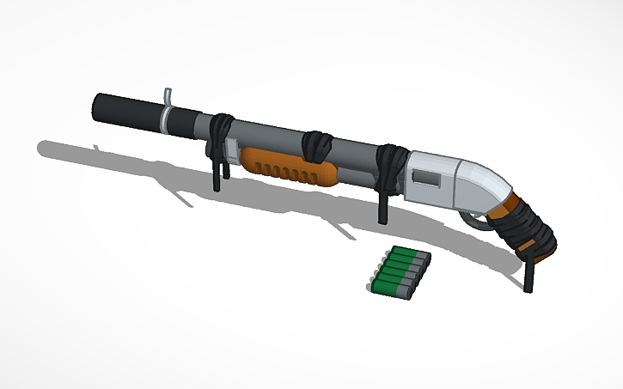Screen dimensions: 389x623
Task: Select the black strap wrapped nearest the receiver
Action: point(391,167)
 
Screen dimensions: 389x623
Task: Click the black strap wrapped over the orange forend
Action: point(317,146)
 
